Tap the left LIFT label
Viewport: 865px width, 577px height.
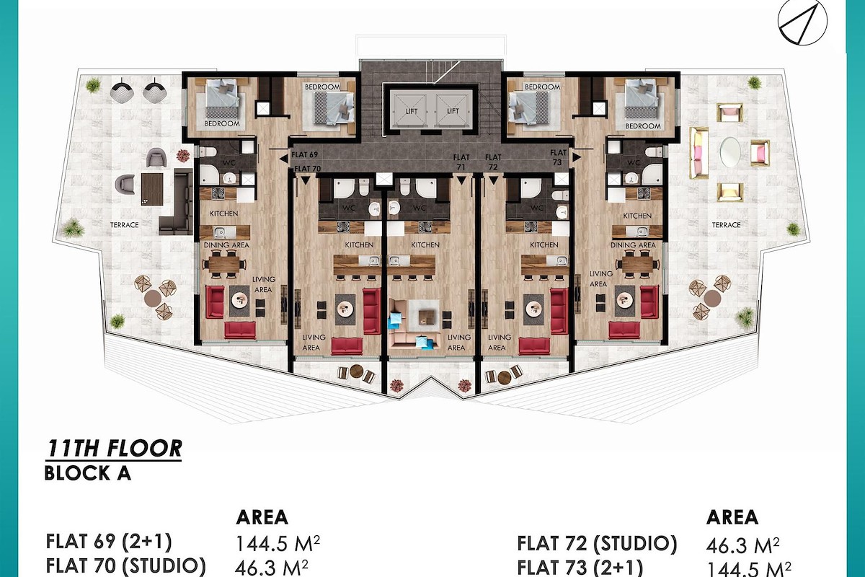click(x=412, y=111)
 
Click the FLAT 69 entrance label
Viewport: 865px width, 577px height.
click(x=304, y=154)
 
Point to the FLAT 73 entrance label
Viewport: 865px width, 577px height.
click(x=558, y=157)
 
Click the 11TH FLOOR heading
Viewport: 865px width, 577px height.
click(x=114, y=449)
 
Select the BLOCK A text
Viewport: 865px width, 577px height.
click(x=88, y=474)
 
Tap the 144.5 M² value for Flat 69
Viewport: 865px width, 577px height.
click(x=278, y=544)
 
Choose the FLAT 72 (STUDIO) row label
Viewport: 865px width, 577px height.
click(x=597, y=544)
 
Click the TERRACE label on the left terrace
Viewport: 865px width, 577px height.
click(x=124, y=225)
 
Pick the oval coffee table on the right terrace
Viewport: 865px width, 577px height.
click(x=730, y=152)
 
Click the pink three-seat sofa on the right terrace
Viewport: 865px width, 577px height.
click(x=699, y=153)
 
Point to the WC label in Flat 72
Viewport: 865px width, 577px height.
click(x=537, y=208)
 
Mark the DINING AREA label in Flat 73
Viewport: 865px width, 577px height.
click(x=633, y=245)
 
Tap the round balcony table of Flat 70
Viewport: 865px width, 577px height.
click(x=356, y=371)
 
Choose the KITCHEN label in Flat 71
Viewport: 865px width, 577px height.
click(x=425, y=245)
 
